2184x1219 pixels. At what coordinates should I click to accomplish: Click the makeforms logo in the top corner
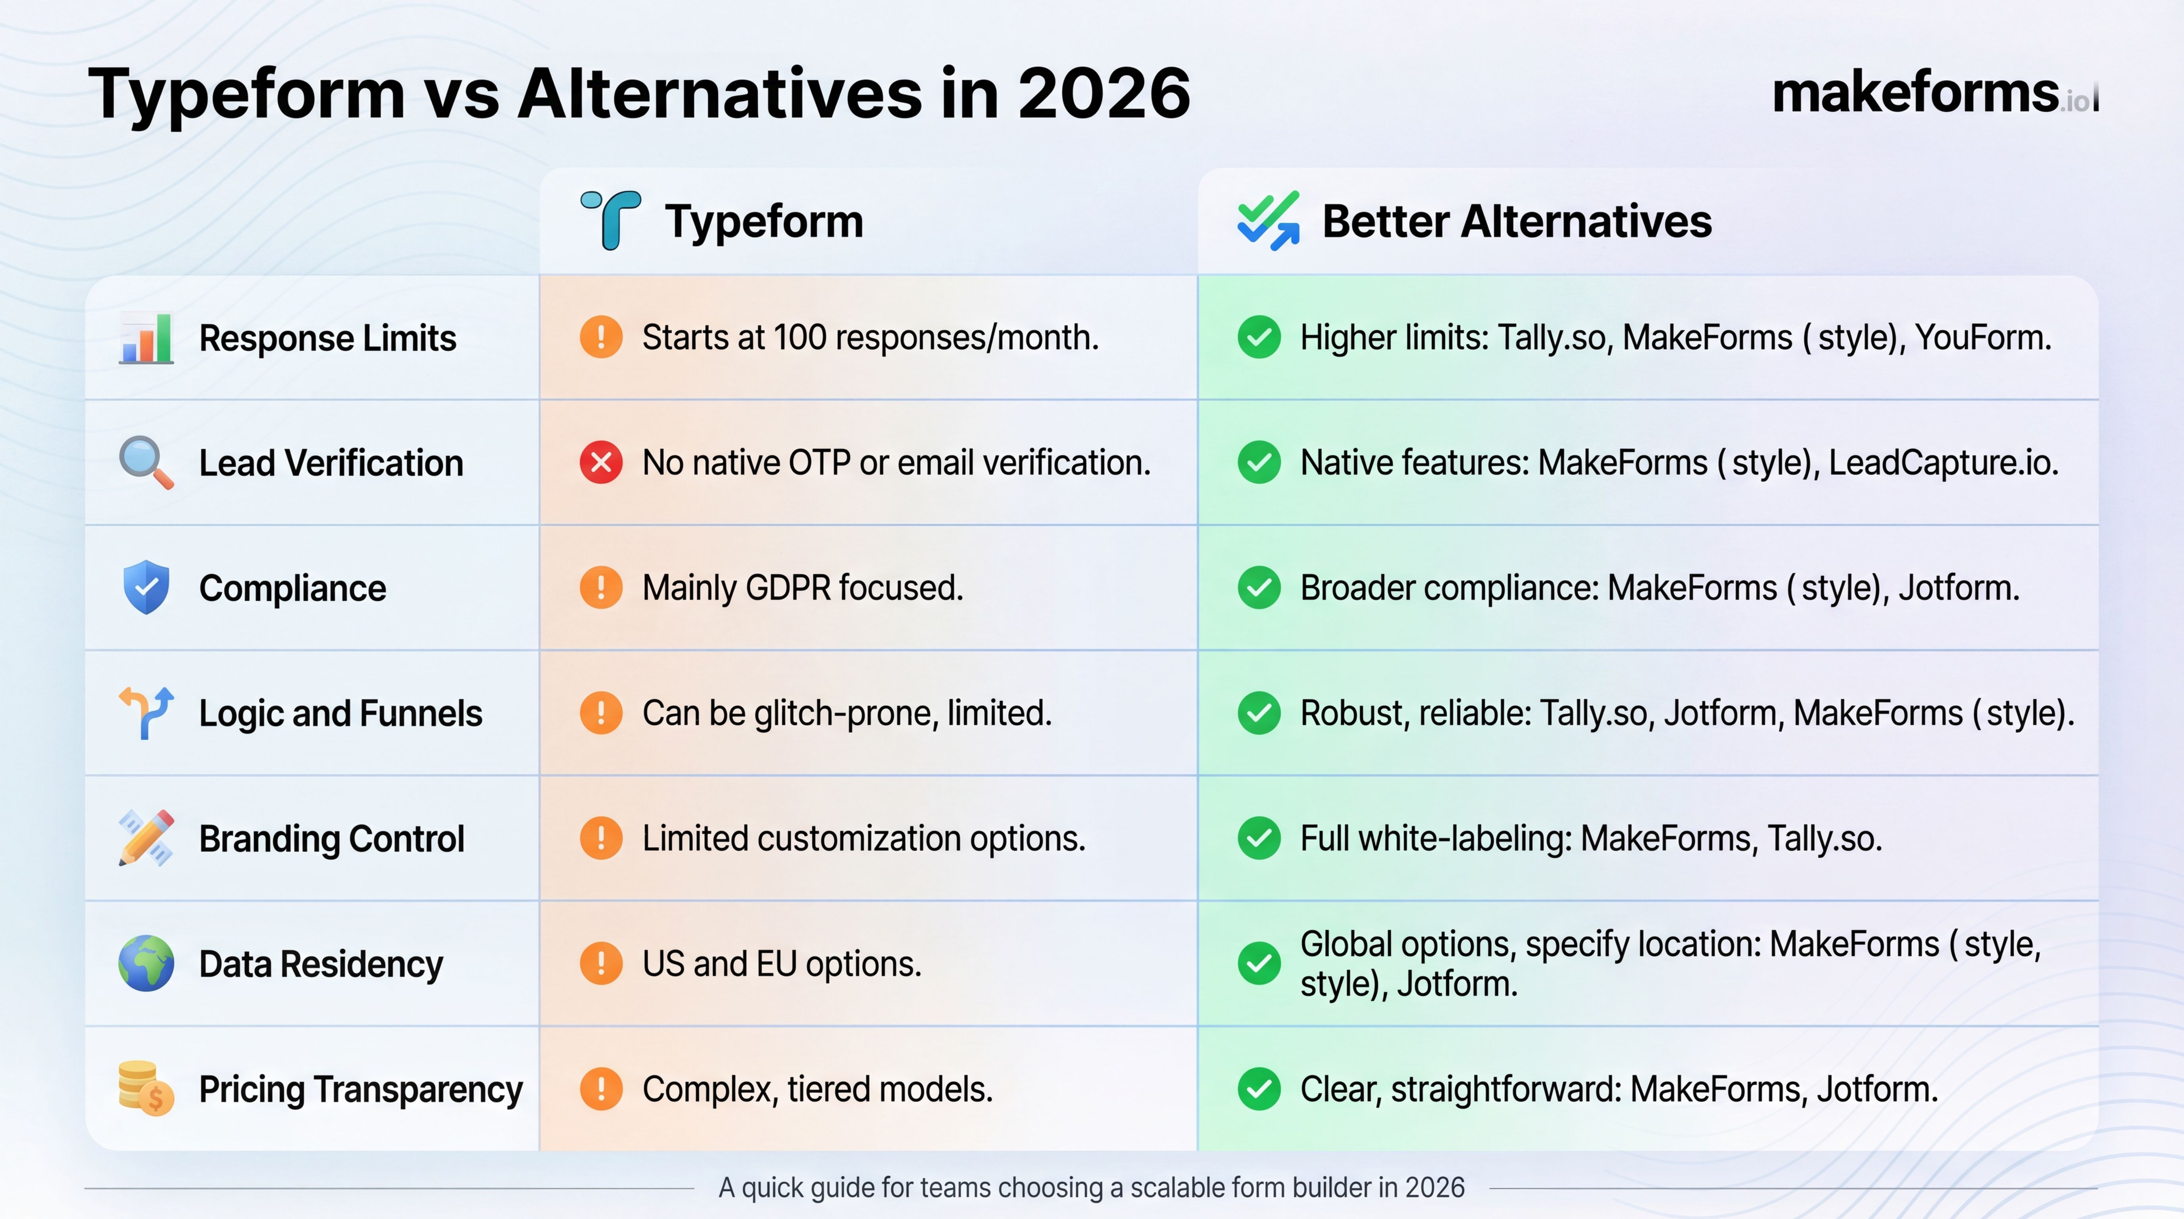pyautogui.click(x=1933, y=93)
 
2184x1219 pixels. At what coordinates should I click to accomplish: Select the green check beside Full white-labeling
pyautogui.click(x=1259, y=838)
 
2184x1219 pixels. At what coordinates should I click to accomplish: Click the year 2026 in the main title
pyautogui.click(x=1104, y=93)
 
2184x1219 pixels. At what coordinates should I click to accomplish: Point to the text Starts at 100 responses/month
pyautogui.click(x=870, y=337)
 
